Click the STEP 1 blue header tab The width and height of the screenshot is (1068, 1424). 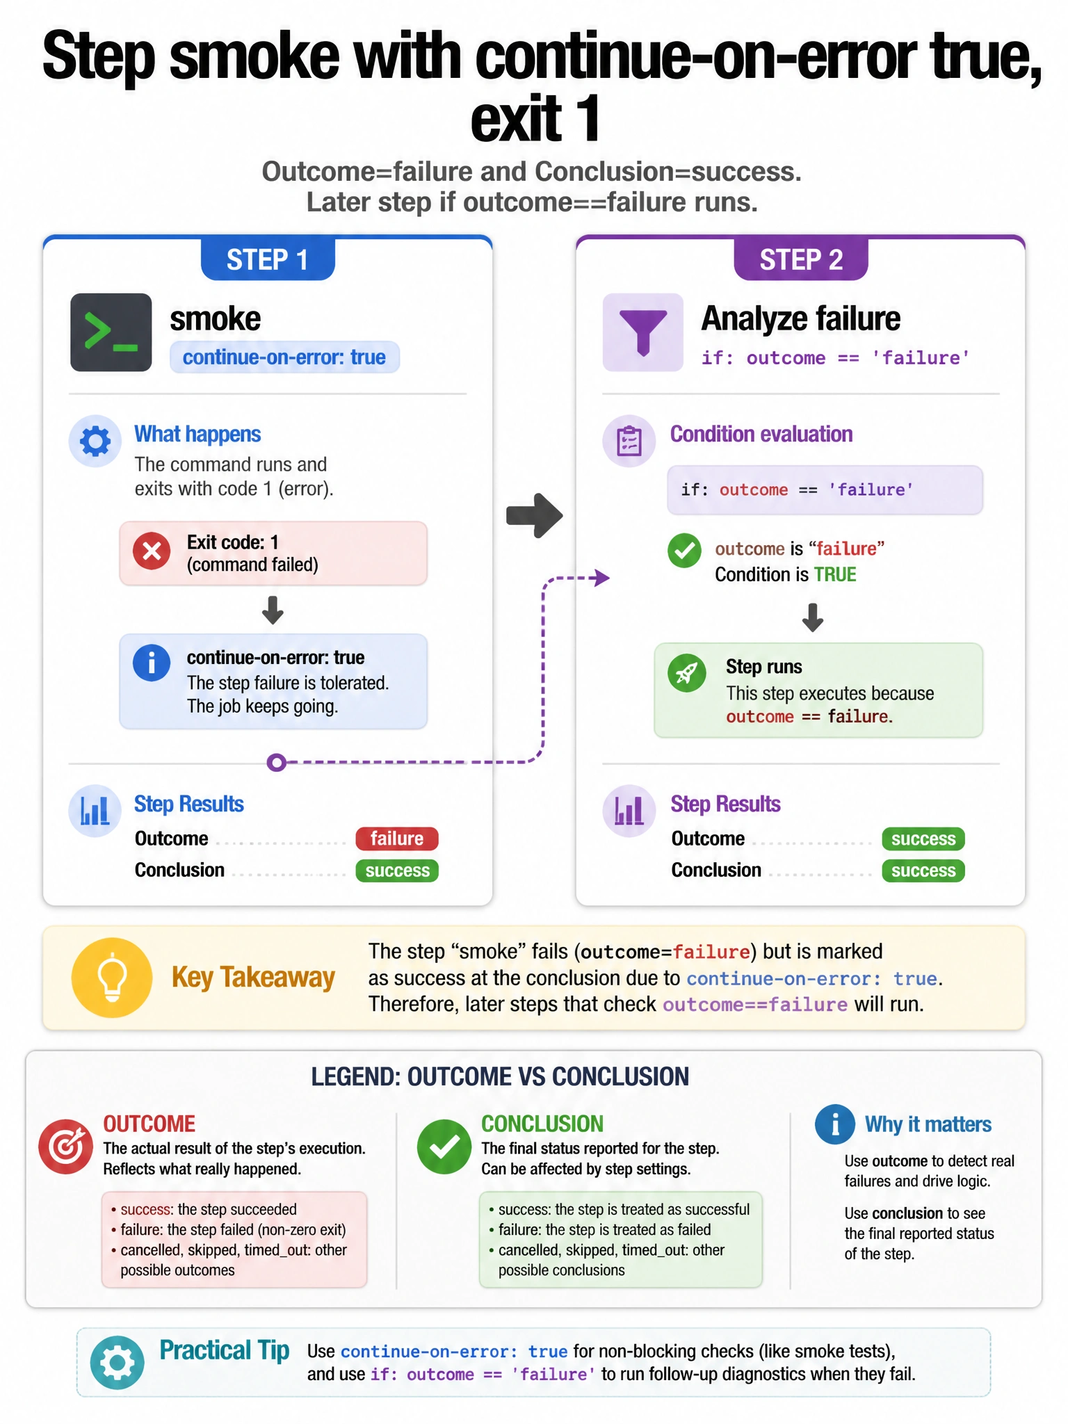pyautogui.click(x=268, y=259)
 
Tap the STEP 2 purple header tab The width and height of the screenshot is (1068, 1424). pyautogui.click(x=801, y=259)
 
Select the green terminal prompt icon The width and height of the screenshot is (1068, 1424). pyautogui.click(x=111, y=332)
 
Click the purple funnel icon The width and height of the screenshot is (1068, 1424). pyautogui.click(x=643, y=332)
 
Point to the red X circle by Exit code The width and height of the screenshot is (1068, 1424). pyautogui.click(x=152, y=552)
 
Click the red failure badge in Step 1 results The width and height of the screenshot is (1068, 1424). pyautogui.click(x=397, y=839)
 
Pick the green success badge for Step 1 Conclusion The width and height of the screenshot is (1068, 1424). pyautogui.click(x=397, y=871)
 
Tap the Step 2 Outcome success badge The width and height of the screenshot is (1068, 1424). pyautogui.click(x=923, y=839)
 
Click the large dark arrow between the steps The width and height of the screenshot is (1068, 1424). pyautogui.click(x=535, y=515)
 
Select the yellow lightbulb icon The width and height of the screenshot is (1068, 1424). pyautogui.click(x=112, y=978)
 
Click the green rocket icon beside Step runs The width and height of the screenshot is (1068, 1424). pyautogui.click(x=687, y=673)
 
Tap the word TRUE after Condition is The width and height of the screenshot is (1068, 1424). pyautogui.click(x=835, y=574)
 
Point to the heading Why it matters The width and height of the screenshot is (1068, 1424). pyautogui.click(x=928, y=1124)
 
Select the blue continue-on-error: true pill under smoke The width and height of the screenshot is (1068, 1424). pyautogui.click(x=284, y=357)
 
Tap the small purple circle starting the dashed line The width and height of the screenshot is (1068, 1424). pyautogui.click(x=277, y=763)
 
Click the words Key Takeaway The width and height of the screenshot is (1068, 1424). pyautogui.click(x=253, y=978)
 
